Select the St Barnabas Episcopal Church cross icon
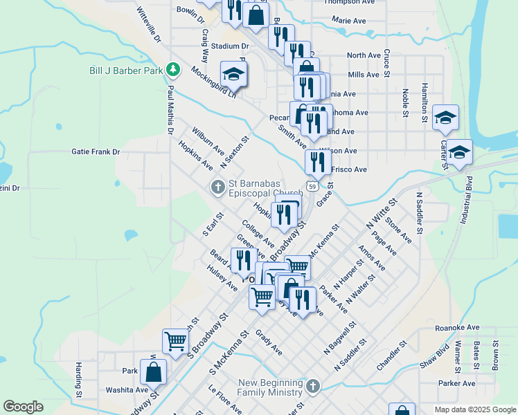coord(217,186)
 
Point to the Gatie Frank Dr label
coord(96,151)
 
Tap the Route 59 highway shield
coord(313,187)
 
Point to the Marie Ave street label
coord(349,21)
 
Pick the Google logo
coord(23,407)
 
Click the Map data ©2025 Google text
coord(474,409)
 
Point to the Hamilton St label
coord(423,104)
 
